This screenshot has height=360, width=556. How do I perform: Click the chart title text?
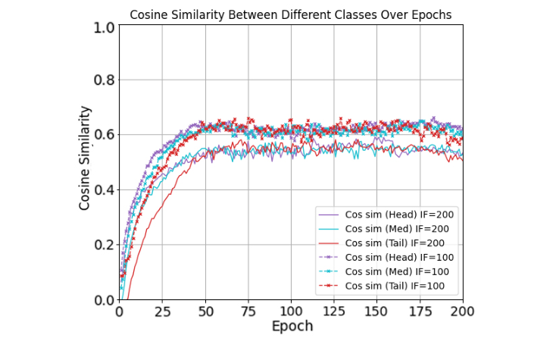click(x=290, y=14)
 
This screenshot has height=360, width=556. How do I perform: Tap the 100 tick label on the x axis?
click(x=291, y=311)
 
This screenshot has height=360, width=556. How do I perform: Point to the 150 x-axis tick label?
click(x=376, y=311)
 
